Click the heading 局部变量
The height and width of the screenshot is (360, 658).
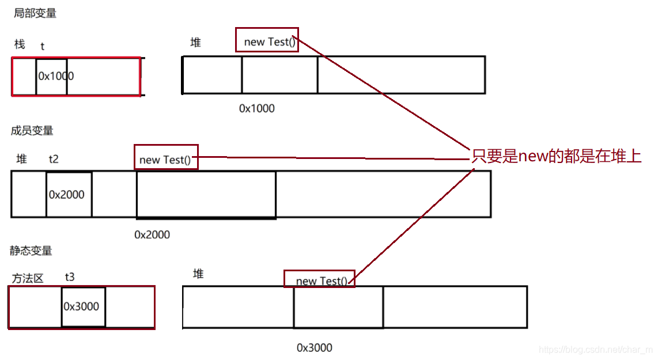pos(35,13)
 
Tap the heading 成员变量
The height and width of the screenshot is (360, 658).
pos(32,131)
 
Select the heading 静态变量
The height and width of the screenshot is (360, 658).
pos(31,251)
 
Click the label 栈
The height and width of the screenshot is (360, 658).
pos(20,44)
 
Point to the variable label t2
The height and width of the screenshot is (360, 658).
pos(54,160)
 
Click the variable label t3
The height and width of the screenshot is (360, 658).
pos(70,277)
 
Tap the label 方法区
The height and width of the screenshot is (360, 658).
pos(28,279)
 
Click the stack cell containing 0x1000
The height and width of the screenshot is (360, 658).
pos(52,76)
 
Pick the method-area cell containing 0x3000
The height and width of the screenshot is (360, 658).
pos(83,306)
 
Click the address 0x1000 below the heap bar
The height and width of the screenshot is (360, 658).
pos(257,108)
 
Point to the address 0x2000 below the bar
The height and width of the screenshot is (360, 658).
pos(152,234)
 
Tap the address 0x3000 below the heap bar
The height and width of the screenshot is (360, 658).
pos(315,347)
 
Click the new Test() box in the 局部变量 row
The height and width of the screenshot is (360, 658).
pos(267,40)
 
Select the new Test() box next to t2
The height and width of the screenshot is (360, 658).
pos(166,157)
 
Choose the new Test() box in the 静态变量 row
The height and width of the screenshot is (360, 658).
pos(319,279)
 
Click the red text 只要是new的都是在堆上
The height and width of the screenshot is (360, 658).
pos(557,156)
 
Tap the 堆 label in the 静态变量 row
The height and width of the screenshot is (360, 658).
pos(198,274)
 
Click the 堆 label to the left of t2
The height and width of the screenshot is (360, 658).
pos(22,160)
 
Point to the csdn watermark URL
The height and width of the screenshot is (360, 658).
pos(595,350)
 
